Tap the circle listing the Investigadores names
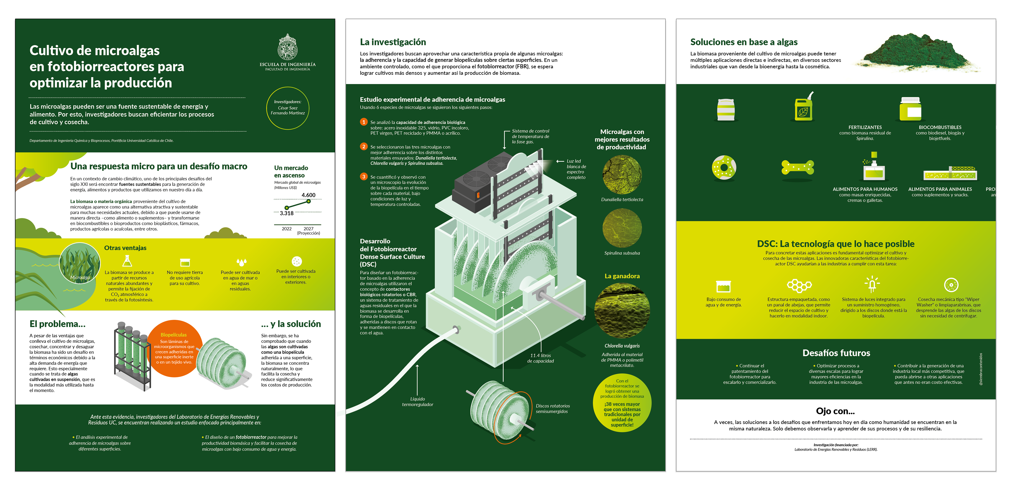[x=288, y=108]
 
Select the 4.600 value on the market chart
[x=309, y=195]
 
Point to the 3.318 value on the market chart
[x=286, y=213]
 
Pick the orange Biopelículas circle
[x=174, y=349]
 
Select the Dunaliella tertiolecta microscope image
[x=622, y=175]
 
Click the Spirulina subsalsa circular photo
[x=622, y=228]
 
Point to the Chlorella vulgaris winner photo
[x=622, y=310]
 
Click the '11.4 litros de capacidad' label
[x=541, y=358]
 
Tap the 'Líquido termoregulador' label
[x=418, y=402]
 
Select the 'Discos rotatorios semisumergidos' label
[x=553, y=409]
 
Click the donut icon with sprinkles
[x=724, y=167]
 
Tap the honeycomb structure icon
[x=799, y=285]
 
